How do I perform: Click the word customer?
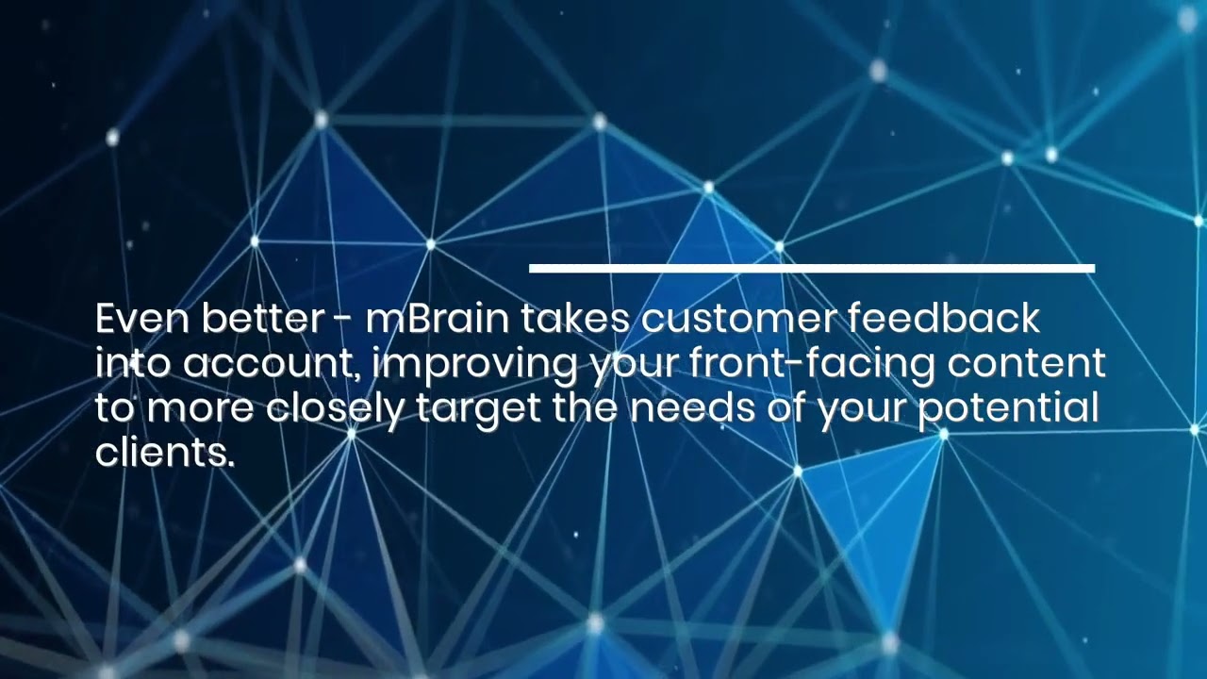click(x=737, y=321)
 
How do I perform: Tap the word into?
click(x=133, y=364)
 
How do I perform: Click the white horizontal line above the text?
click(x=811, y=269)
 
